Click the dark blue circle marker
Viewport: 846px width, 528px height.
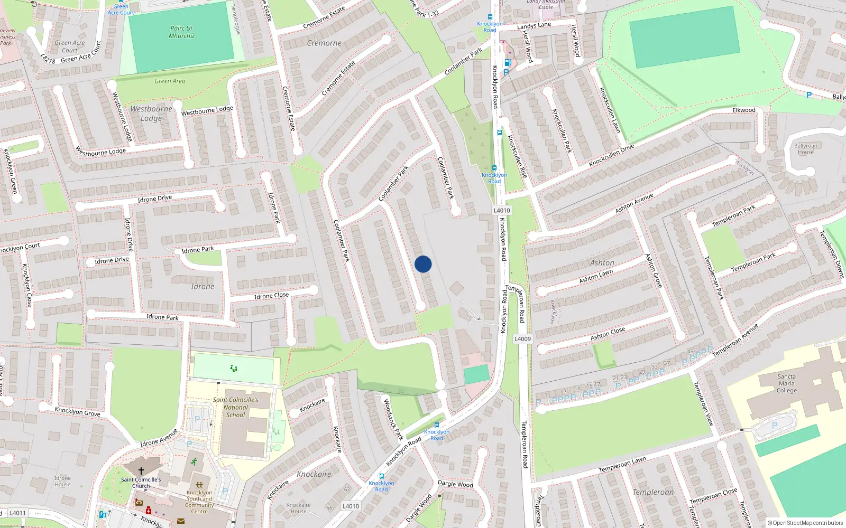423,264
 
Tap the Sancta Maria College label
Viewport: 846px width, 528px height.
786,384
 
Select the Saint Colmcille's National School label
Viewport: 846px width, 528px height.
235,407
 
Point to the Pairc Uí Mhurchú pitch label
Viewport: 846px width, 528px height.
181,32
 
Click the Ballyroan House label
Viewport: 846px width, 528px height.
805,149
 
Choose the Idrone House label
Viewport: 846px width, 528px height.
62,481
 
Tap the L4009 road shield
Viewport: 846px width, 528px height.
522,339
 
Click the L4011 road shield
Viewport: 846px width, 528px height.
17,513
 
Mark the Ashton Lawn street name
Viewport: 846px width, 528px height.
596,276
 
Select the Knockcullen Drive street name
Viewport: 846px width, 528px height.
611,156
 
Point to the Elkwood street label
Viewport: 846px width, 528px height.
744,110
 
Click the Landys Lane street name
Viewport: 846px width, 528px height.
534,25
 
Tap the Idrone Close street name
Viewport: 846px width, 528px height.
271,296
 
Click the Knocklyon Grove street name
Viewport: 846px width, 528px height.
77,411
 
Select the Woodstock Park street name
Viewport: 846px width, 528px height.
393,419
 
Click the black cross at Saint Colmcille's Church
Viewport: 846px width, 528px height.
141,471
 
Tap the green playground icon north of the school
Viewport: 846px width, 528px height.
234,368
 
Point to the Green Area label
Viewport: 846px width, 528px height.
170,81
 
